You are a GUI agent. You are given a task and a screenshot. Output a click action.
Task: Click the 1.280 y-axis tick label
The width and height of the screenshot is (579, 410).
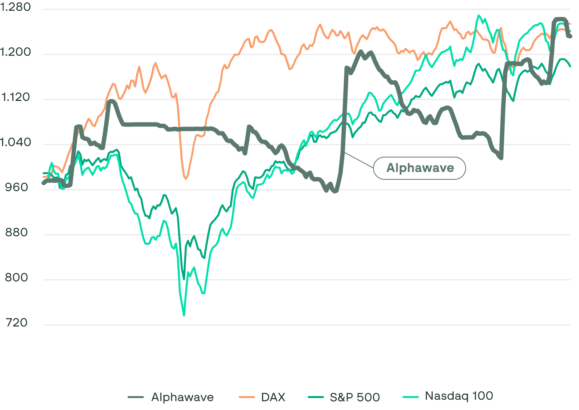click(x=16, y=8)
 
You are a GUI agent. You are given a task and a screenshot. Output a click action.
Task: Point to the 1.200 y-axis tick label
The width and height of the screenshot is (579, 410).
click(x=16, y=52)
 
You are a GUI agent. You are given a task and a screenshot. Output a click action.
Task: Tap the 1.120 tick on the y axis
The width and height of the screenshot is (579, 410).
click(x=16, y=97)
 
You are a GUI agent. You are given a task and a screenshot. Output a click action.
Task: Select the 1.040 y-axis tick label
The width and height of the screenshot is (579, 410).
click(x=16, y=142)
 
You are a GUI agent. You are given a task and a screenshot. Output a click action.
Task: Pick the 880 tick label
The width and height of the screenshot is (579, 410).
click(x=17, y=233)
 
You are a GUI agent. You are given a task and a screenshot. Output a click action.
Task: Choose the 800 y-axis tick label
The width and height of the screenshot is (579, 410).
click(x=17, y=278)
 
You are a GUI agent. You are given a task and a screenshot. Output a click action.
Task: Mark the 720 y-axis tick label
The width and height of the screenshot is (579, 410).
click(x=17, y=323)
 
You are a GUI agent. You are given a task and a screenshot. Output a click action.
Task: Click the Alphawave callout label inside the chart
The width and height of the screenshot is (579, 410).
click(x=420, y=168)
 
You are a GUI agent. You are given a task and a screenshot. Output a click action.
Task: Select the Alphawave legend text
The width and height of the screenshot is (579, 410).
click(x=183, y=397)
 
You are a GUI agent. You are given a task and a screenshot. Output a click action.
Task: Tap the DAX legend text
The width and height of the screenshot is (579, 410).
click(x=273, y=397)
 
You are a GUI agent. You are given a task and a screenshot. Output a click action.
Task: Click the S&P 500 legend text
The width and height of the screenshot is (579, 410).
click(x=355, y=397)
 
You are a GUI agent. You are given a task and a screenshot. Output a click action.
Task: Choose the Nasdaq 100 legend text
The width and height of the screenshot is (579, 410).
click(x=459, y=396)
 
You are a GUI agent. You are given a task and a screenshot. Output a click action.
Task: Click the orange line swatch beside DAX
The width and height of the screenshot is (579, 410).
click(x=247, y=397)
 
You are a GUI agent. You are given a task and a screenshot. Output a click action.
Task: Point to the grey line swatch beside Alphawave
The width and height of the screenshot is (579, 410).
click(x=136, y=397)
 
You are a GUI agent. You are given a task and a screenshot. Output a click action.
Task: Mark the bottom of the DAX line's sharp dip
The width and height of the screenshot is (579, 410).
click(x=186, y=179)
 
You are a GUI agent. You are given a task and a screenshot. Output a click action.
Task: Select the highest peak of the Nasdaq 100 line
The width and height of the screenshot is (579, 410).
click(x=478, y=16)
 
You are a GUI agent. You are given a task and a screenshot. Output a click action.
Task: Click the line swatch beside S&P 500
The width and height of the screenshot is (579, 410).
click(x=315, y=397)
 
